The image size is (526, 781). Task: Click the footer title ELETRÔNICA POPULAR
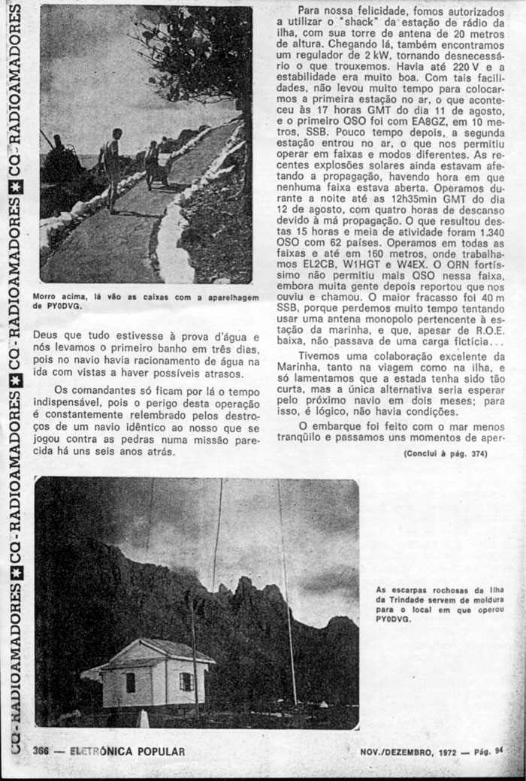[x=127, y=751]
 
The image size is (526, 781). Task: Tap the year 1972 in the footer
[x=441, y=751]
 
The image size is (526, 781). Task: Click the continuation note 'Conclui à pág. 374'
[x=445, y=453]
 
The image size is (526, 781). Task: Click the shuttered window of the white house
[x=186, y=681]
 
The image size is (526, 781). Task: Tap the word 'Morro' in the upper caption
[x=47, y=298]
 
